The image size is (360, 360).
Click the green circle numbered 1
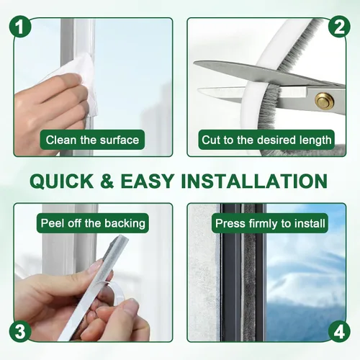[x=20, y=27]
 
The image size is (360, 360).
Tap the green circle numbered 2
[x=339, y=27]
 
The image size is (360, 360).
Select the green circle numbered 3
[x=20, y=332]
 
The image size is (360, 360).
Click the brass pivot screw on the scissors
[x=324, y=100]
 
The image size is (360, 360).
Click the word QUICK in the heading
[x=61, y=181]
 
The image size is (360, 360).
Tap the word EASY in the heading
[x=147, y=181]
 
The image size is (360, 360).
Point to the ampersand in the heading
[x=107, y=181]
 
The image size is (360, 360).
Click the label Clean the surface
[x=92, y=140]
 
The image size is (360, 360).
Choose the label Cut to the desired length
[x=266, y=140]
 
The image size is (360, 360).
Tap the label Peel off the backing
[x=93, y=223]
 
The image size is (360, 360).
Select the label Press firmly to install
[x=270, y=223]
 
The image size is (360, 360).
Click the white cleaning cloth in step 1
[x=77, y=79]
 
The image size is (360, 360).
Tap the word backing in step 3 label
[x=125, y=224]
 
